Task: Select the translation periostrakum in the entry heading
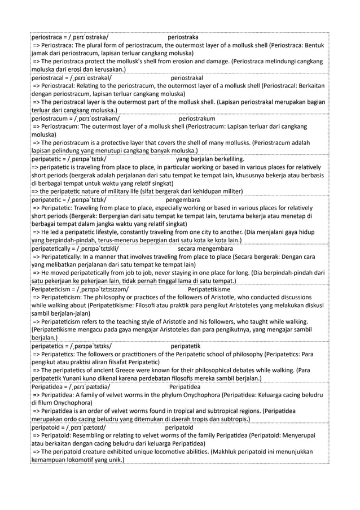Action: pyautogui.click(x=196, y=119)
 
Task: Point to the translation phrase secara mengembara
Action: pyautogui.click(x=205, y=248)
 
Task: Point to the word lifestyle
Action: pyautogui.click(x=118, y=232)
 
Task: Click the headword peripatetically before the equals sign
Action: pyautogui.click(x=55, y=248)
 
